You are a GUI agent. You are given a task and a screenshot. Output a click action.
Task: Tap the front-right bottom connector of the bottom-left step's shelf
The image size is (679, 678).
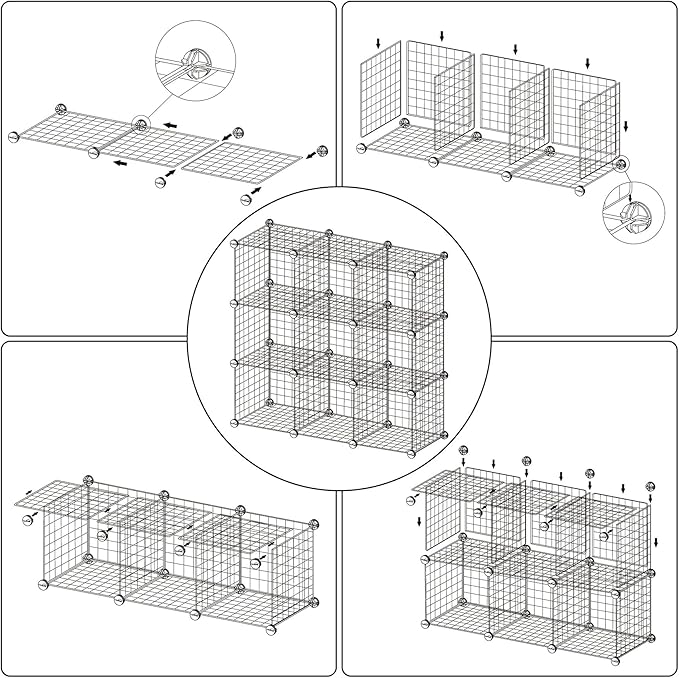tap(269, 630)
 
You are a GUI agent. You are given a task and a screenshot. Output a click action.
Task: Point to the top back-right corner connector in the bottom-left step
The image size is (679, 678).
tap(314, 524)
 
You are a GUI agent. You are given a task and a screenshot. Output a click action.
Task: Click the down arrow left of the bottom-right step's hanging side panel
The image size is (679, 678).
tap(417, 521)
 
